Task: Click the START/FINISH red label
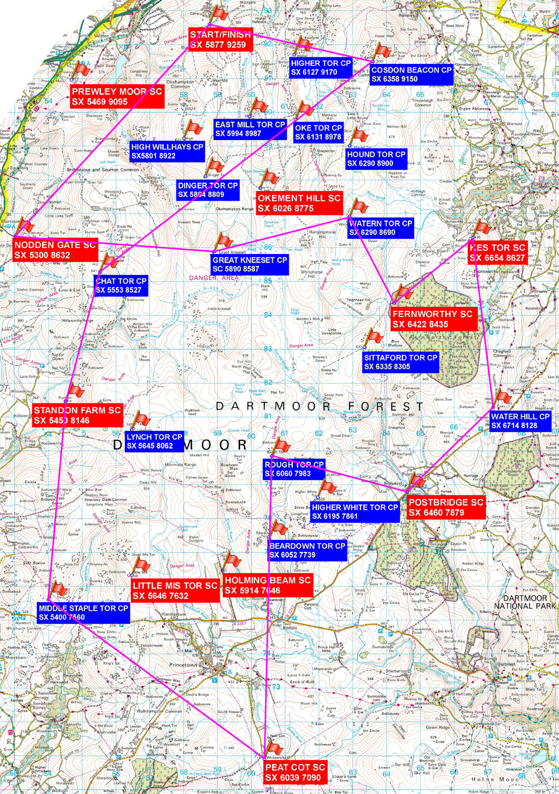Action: point(221,40)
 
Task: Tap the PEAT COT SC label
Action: point(295,772)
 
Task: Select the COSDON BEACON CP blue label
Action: point(411,74)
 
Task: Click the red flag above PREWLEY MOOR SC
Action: point(81,68)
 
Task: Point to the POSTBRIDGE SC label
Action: point(445,507)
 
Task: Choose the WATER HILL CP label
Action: point(520,421)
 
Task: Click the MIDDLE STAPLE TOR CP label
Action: point(83,612)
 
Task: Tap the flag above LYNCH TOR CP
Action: point(142,419)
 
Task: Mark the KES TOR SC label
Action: point(497,253)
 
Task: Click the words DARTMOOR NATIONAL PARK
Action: point(525,602)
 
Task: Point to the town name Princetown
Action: point(183,664)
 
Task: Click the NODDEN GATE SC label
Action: point(55,250)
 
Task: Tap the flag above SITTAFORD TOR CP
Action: point(375,337)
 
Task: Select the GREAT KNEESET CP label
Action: point(249,264)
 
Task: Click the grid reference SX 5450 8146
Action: point(62,420)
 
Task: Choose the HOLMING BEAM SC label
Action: point(268,585)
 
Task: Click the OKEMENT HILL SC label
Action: point(299,203)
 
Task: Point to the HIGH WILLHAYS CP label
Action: point(167,151)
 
